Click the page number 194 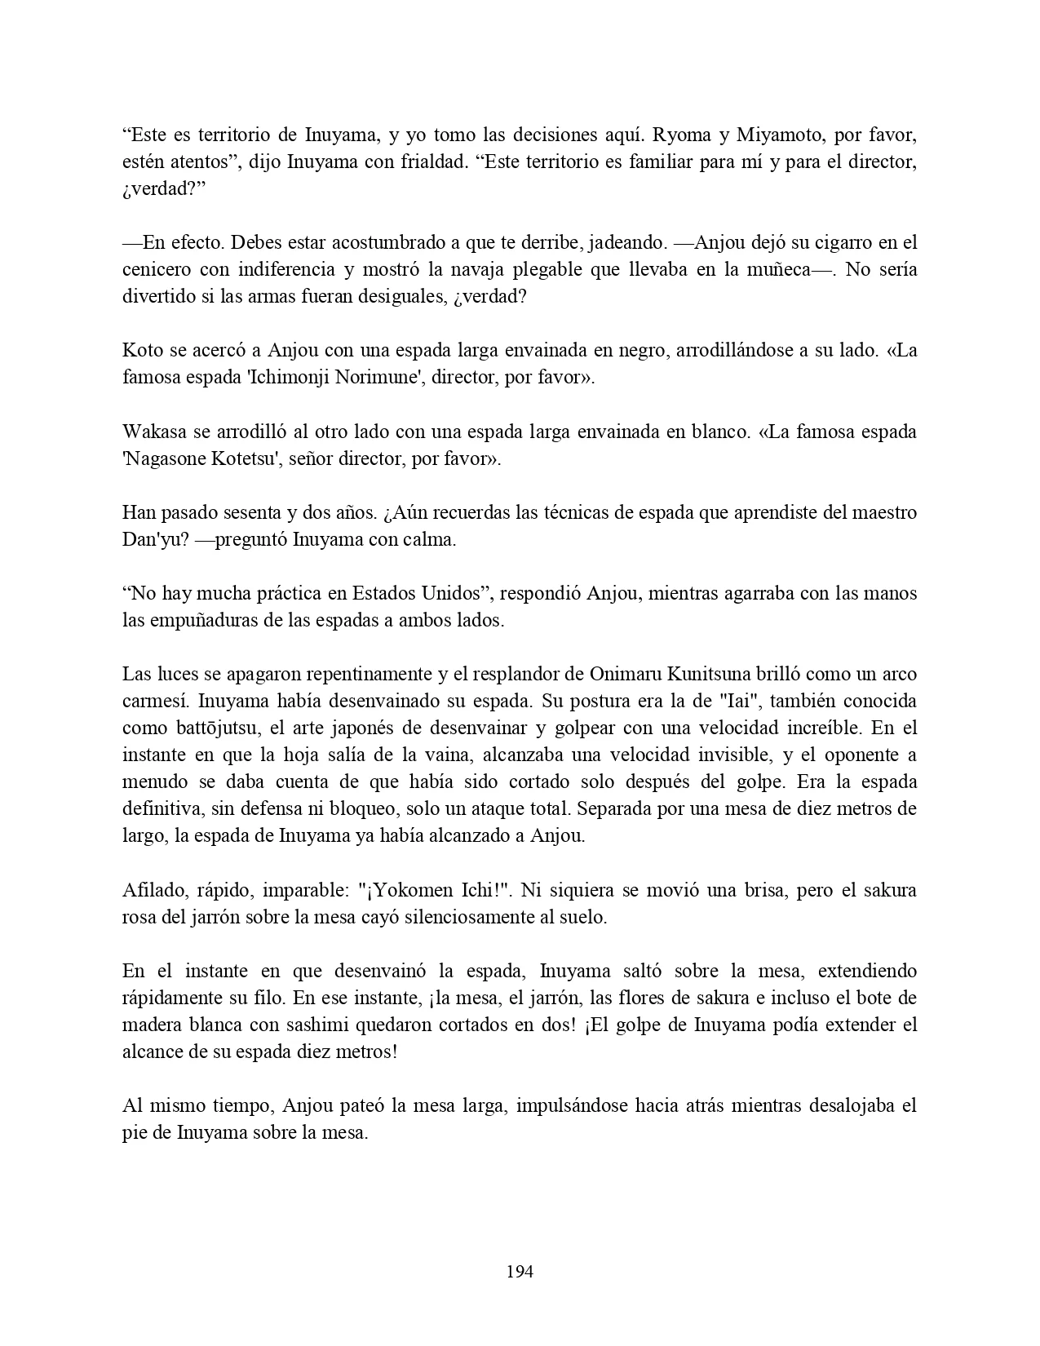click(x=520, y=1271)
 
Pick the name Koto click(x=142, y=350)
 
